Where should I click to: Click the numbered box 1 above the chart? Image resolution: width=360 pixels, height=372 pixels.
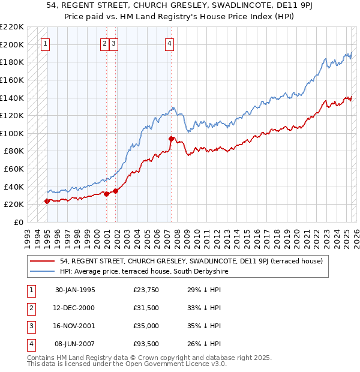coord(46,43)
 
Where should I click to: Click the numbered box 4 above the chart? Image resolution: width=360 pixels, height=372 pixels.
coord(170,43)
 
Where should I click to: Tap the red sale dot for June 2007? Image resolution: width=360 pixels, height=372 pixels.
coord(171,139)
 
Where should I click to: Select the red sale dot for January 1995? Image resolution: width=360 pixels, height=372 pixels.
coord(47,201)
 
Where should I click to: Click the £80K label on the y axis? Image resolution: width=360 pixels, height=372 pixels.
coord(14,151)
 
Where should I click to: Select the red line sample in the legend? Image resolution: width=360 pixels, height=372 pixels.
coord(43,261)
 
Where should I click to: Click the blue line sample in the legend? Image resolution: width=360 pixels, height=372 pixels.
coord(43,271)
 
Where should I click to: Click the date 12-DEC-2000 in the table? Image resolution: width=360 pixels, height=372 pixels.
coord(75,308)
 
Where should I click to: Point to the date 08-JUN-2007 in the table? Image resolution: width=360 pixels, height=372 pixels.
coord(75,344)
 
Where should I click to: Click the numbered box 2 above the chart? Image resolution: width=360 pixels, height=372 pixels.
coord(104,43)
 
